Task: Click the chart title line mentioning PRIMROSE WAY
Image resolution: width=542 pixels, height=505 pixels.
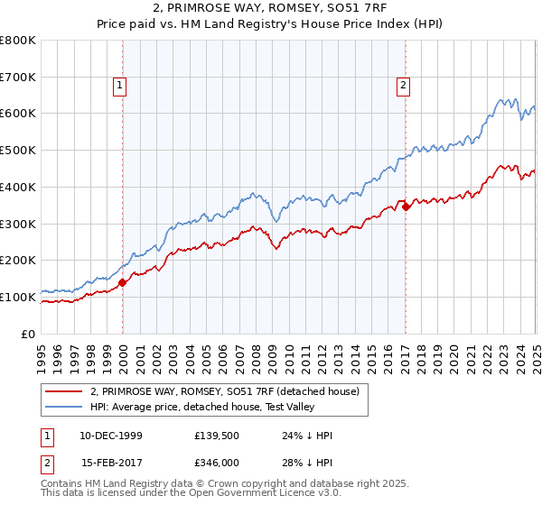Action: point(271,8)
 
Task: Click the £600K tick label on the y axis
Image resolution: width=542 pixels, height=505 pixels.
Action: point(18,114)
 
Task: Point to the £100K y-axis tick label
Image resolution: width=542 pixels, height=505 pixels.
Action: point(18,297)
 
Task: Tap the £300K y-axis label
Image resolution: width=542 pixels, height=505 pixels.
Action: point(18,224)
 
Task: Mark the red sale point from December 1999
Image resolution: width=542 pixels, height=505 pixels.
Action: point(123,282)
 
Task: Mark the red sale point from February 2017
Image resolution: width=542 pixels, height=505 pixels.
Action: point(406,207)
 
